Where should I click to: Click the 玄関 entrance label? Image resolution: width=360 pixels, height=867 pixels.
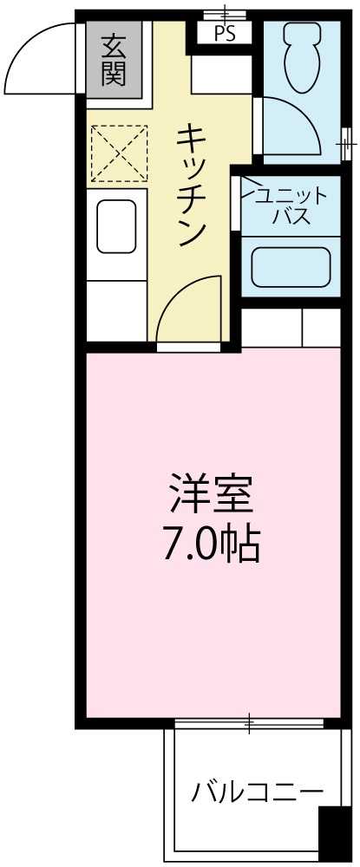(113, 58)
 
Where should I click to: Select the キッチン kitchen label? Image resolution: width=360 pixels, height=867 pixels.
(193, 183)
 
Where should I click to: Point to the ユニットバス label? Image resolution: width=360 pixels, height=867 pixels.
(285, 205)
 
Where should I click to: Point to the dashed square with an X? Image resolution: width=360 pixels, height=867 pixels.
(118, 153)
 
